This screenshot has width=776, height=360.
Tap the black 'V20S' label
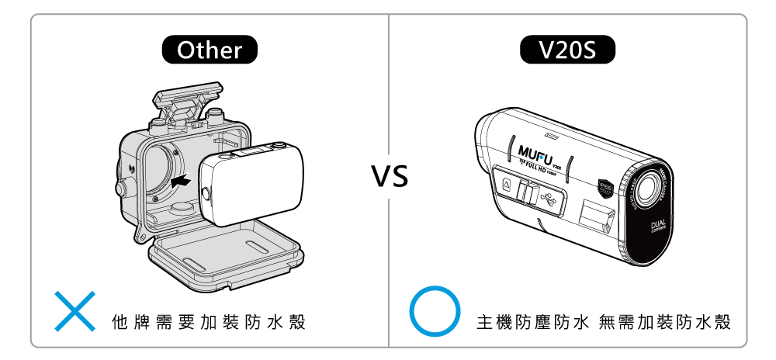pos(566,51)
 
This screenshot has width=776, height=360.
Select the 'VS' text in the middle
pos(389,177)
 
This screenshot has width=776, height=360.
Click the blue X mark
pos(74,312)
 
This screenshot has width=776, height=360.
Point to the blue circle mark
pos(435,312)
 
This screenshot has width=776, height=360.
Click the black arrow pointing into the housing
pos(181,180)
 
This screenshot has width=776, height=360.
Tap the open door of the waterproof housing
pos(225,259)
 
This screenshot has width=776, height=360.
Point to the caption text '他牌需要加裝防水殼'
pos(209,322)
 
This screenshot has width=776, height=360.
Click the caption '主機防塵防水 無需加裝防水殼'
pos(604,322)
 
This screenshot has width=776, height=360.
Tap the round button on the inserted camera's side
pos(206,192)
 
